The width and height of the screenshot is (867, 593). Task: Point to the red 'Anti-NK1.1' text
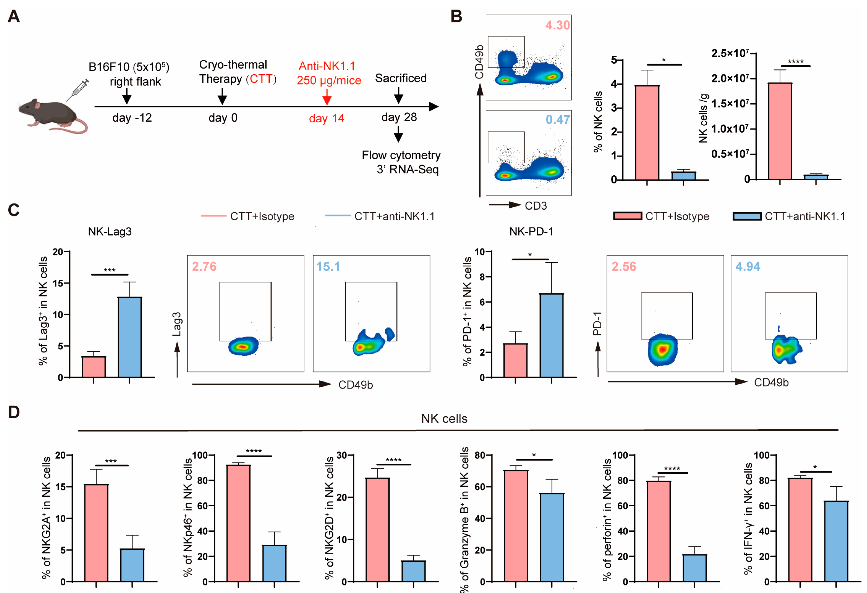327,66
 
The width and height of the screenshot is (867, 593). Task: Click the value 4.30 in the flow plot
557,25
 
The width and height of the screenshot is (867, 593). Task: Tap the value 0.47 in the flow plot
557,120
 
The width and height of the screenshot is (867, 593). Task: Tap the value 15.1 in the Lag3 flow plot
328,267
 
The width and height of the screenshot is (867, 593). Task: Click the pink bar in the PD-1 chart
515,360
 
